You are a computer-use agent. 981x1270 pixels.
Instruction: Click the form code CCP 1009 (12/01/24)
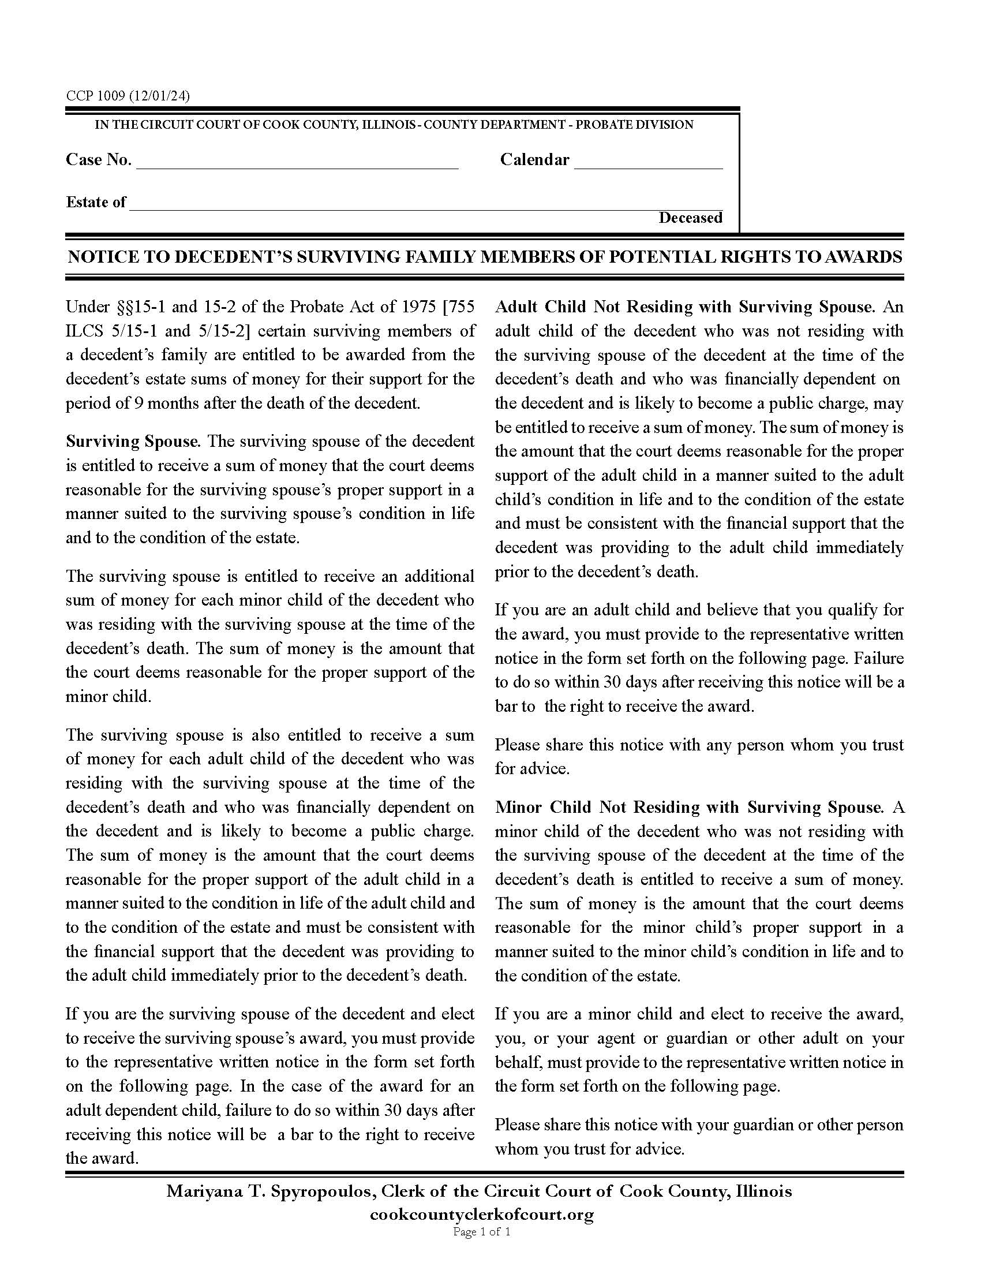click(x=128, y=96)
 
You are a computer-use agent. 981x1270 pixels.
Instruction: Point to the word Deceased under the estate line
click(x=690, y=218)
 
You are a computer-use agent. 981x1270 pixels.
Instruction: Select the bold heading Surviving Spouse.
click(x=133, y=442)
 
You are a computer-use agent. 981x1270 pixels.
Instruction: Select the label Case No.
click(x=98, y=160)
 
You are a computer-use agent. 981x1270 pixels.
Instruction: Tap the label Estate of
click(x=96, y=203)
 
